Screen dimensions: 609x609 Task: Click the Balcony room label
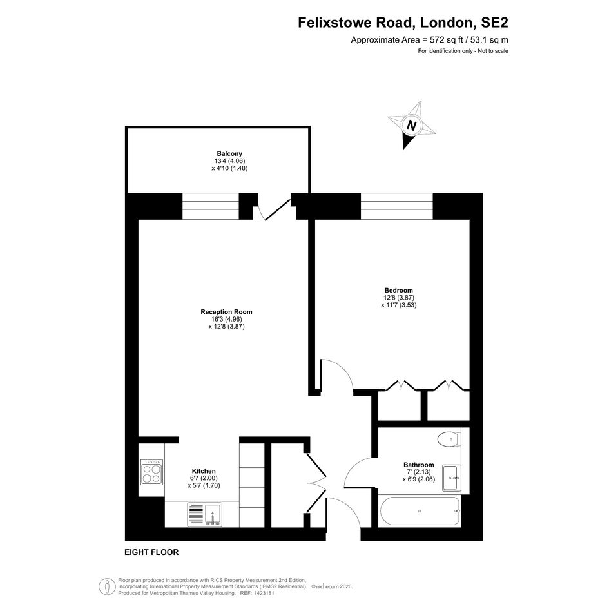(x=229, y=154)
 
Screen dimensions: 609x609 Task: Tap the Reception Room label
(x=226, y=312)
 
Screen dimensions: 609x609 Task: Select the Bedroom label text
(x=398, y=291)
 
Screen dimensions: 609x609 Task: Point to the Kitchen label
(x=204, y=471)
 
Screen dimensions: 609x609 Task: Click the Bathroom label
(x=419, y=465)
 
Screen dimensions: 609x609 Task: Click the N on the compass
(x=411, y=126)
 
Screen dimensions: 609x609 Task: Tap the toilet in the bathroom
(x=449, y=440)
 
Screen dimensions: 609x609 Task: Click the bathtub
(x=420, y=511)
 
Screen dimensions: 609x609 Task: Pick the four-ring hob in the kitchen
(x=151, y=472)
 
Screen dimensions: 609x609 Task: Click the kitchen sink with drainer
(x=205, y=515)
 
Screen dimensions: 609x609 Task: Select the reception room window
(x=211, y=206)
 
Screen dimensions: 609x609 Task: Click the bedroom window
(x=396, y=206)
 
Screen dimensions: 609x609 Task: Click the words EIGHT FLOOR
(x=151, y=552)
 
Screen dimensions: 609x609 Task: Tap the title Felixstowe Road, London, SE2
(x=403, y=23)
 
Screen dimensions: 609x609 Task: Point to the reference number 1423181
(x=264, y=593)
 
